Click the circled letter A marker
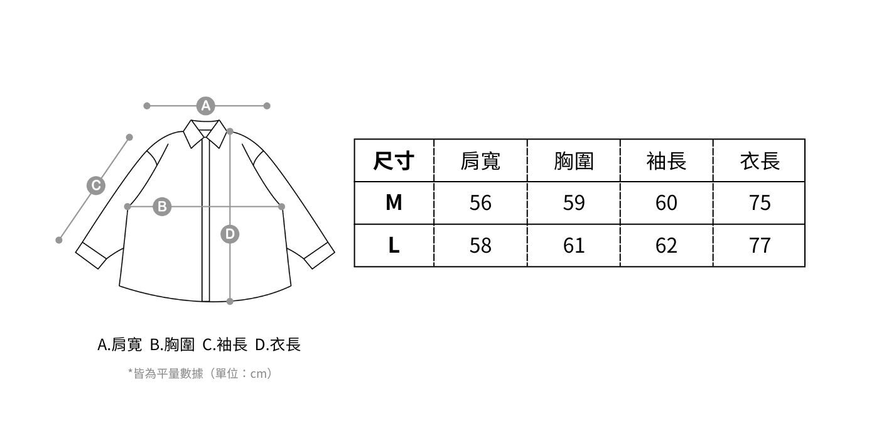(205, 106)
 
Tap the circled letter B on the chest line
(162, 206)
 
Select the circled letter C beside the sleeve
(95, 185)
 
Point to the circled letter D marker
(230, 234)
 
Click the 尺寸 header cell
(394, 161)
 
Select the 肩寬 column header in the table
(480, 161)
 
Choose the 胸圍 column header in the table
(574, 161)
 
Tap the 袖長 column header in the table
(666, 161)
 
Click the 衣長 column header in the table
(760, 161)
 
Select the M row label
(394, 202)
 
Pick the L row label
(394, 245)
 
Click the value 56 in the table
(480, 202)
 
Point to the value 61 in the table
(574, 245)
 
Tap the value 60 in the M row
(666, 202)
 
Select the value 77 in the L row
(760, 245)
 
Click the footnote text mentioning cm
(200, 373)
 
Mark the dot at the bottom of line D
(230, 302)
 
